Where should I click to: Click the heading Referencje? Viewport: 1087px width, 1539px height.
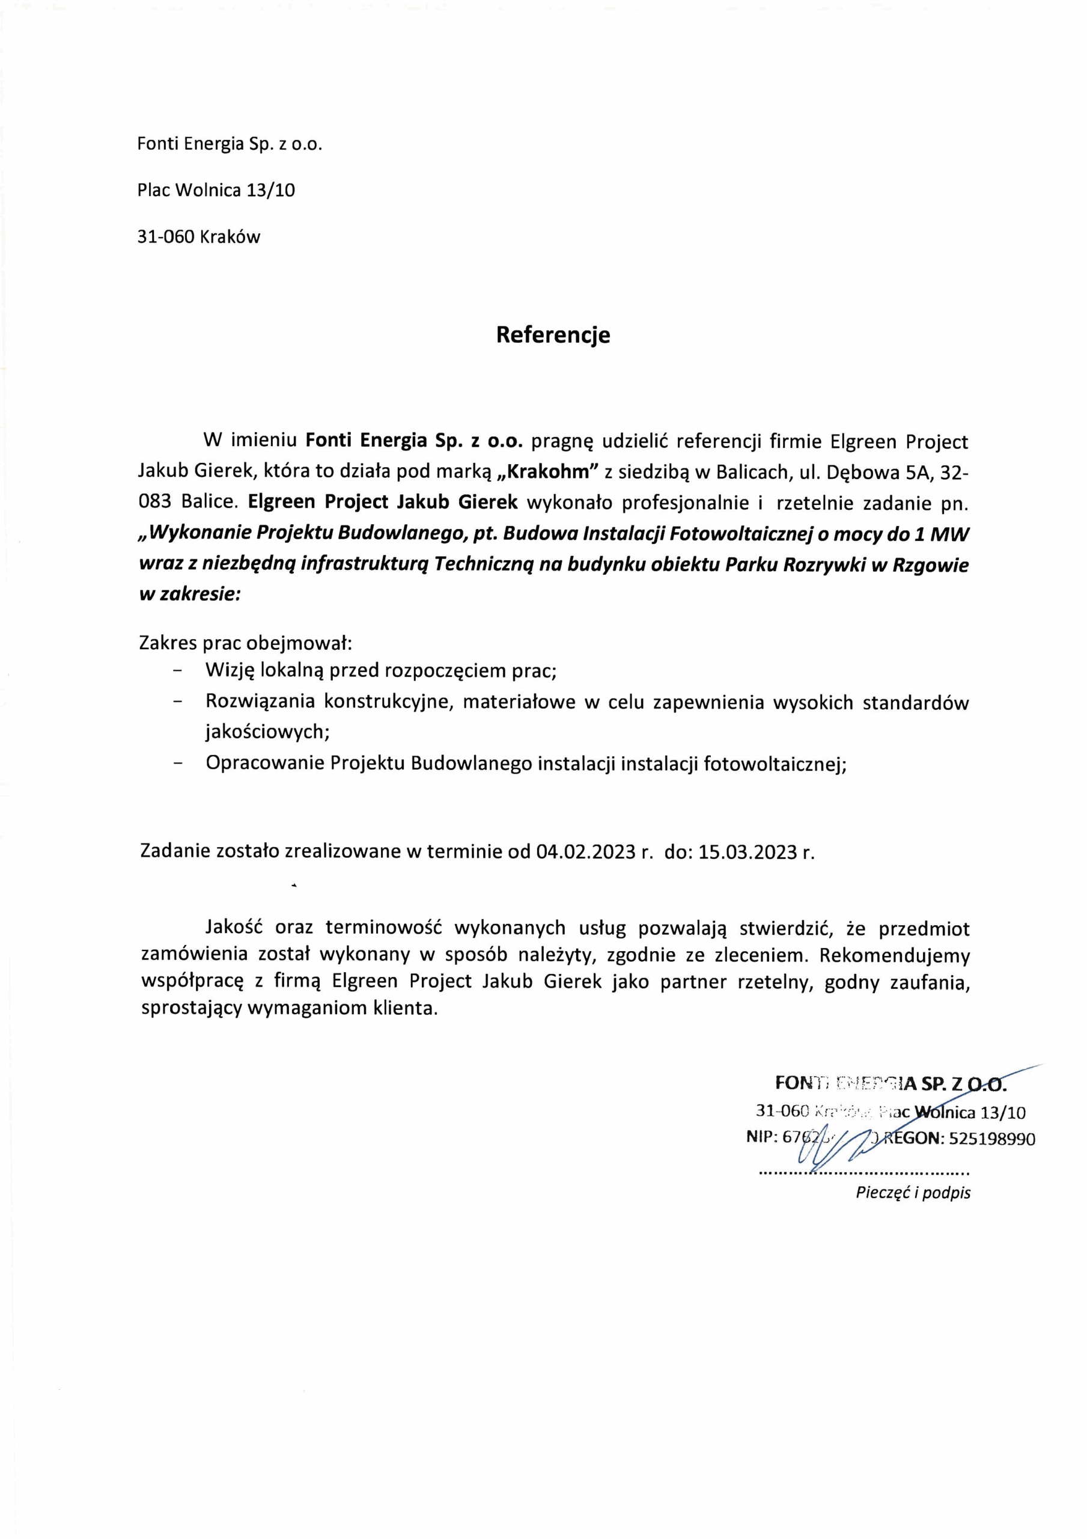[553, 334]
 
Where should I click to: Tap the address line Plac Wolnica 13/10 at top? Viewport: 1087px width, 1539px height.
[216, 191]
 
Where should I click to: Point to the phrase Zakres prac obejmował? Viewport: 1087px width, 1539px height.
[245, 643]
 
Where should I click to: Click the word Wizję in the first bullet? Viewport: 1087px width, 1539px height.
[231, 670]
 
